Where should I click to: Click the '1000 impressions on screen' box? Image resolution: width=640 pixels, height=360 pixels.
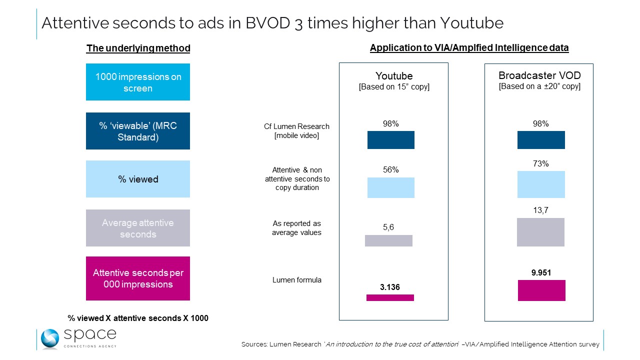click(138, 82)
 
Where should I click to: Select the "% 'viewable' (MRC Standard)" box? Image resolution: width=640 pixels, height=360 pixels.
click(138, 131)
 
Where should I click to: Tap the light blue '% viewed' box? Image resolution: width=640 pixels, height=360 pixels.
click(138, 179)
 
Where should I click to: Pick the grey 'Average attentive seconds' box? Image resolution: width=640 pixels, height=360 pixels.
click(138, 228)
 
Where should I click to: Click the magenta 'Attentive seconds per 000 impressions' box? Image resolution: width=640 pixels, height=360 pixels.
click(138, 278)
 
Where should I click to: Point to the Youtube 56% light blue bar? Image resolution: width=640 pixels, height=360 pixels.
click(391, 188)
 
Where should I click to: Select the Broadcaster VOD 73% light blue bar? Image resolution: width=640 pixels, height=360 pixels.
click(541, 184)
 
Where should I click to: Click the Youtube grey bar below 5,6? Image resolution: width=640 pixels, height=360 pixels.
click(388, 240)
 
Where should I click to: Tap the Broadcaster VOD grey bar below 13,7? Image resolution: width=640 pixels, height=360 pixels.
click(540, 232)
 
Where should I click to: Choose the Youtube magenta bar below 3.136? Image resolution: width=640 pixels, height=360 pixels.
click(390, 297)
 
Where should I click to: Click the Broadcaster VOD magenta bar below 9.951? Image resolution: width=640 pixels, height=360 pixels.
click(541, 290)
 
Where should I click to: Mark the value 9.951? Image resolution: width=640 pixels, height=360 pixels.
click(541, 273)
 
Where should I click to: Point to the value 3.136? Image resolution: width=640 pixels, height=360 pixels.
click(390, 287)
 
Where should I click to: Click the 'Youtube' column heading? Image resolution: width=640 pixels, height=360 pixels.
click(394, 76)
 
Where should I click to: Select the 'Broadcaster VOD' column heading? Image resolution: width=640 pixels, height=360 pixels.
click(539, 75)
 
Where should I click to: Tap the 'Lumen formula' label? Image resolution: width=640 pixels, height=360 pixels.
click(297, 280)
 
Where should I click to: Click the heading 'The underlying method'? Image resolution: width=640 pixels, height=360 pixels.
click(138, 48)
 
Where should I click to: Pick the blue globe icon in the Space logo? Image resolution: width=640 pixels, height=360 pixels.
click(50, 338)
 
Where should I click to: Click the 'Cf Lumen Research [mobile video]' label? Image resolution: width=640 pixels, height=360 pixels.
click(297, 131)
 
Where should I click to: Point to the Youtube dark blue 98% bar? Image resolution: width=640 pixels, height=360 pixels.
click(391, 140)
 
